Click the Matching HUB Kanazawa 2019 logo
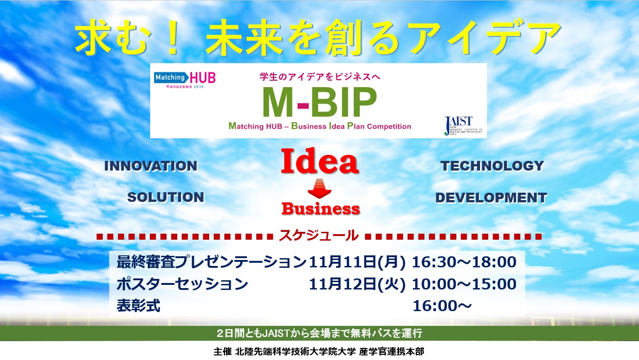click(185, 80)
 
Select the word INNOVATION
click(151, 166)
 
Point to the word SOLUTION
click(166, 197)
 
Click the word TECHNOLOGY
click(492, 166)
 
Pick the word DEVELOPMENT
click(491, 198)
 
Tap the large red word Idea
click(320, 161)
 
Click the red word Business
click(321, 209)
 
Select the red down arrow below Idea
click(320, 189)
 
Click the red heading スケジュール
click(319, 236)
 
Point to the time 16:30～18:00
click(464, 262)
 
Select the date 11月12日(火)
click(357, 284)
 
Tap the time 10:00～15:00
click(464, 284)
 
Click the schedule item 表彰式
click(138, 306)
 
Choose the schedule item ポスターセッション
click(182, 284)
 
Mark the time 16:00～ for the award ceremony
click(442, 306)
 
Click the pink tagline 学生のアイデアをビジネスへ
click(320, 77)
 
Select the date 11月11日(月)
click(357, 262)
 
